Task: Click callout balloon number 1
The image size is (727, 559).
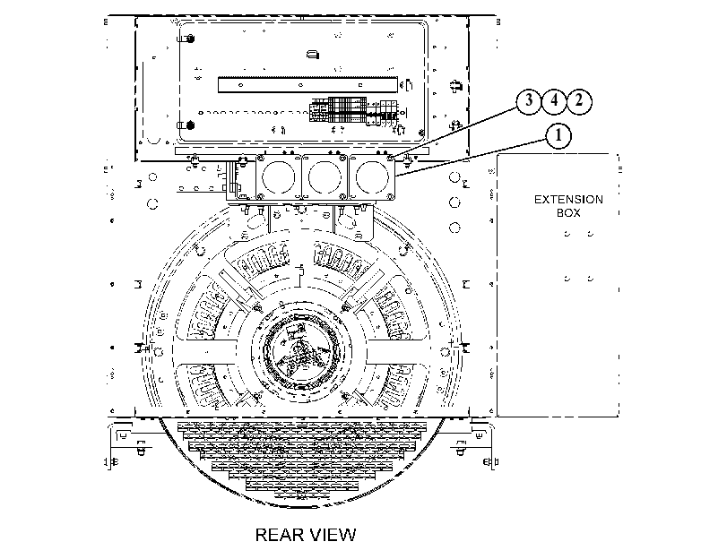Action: coord(558,136)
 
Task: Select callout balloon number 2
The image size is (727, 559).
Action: coord(579,100)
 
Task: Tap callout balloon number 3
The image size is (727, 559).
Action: coord(529,100)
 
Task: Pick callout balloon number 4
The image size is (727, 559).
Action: coord(554,100)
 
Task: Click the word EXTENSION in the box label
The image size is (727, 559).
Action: coord(568,199)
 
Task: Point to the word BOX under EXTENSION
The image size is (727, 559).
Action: coord(568,212)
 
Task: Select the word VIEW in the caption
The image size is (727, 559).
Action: coord(333,535)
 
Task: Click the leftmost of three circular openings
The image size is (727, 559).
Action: coord(278,177)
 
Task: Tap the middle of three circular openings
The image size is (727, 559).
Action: coord(325,177)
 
